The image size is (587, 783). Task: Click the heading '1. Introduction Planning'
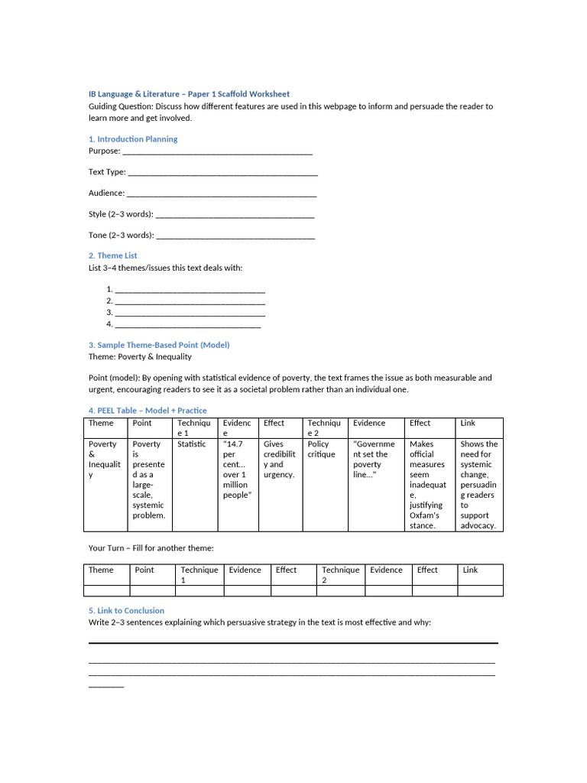tap(133, 139)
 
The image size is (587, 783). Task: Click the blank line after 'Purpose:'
tap(218, 152)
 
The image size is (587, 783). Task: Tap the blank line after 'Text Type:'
tap(222, 174)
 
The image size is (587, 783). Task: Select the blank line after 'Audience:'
tap(221, 194)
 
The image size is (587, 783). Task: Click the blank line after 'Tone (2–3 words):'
tap(235, 236)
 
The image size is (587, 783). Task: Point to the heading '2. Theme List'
tap(113, 255)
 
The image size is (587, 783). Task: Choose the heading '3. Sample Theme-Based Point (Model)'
tap(159, 345)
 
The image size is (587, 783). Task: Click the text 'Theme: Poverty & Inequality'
tap(140, 356)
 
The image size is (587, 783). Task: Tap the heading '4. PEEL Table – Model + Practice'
tap(148, 411)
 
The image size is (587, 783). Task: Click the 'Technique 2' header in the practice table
tap(341, 574)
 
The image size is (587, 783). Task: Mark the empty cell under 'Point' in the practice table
tap(153, 590)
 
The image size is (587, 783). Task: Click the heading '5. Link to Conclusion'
tap(126, 610)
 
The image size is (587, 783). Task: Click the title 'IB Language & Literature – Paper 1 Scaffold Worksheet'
tap(189, 94)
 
